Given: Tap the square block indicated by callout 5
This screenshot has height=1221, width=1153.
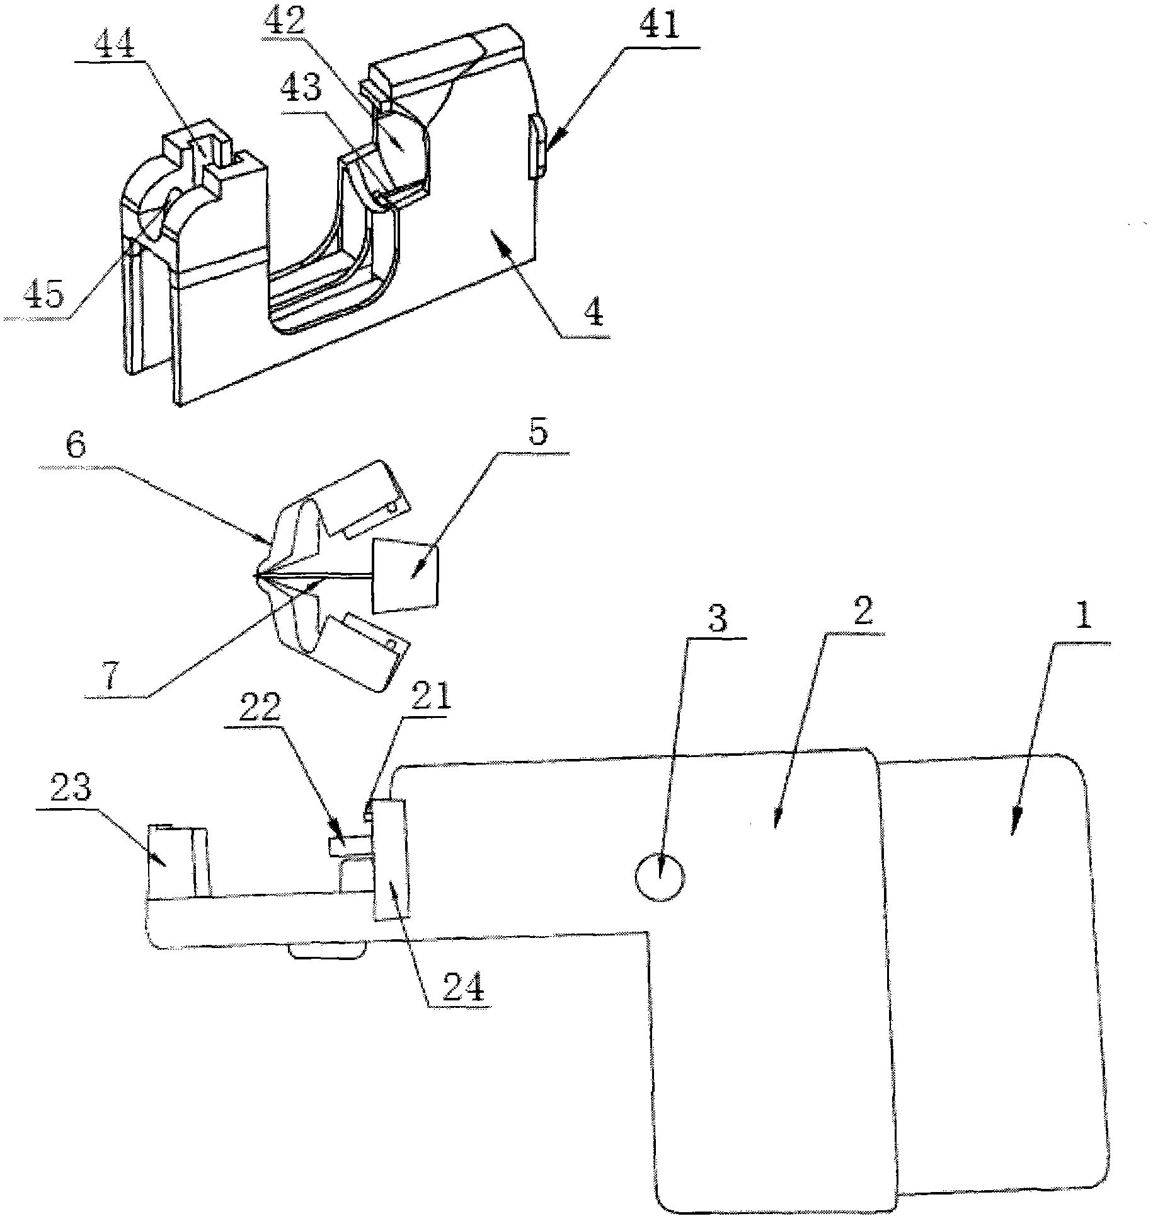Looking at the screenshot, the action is pos(405,575).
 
